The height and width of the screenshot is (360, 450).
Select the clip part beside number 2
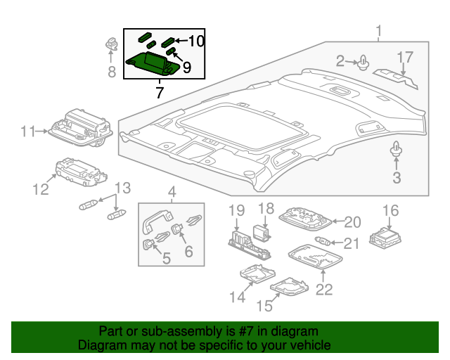[x=363, y=65]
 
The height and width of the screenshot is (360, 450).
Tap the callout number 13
[x=122, y=188]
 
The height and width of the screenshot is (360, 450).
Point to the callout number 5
[x=166, y=259]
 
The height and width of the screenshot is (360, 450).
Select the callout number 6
[x=188, y=250]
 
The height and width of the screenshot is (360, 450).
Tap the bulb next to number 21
[x=324, y=243]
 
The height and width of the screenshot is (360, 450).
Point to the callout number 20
[x=352, y=222]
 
